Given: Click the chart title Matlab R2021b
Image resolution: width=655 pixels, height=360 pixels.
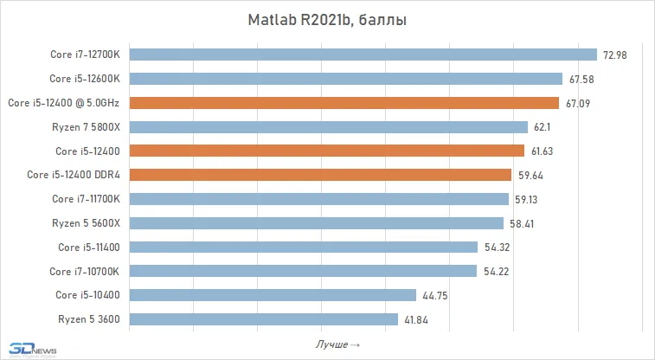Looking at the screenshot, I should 328,20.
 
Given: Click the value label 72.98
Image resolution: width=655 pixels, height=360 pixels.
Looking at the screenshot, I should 615,55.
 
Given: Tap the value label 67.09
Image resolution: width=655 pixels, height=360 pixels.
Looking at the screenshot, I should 579,103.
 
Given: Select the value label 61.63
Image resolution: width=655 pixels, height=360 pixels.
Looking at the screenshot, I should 543,151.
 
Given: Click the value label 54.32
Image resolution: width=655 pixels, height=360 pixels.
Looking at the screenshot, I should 496,247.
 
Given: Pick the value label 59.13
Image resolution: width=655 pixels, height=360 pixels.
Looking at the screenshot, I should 528,199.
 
